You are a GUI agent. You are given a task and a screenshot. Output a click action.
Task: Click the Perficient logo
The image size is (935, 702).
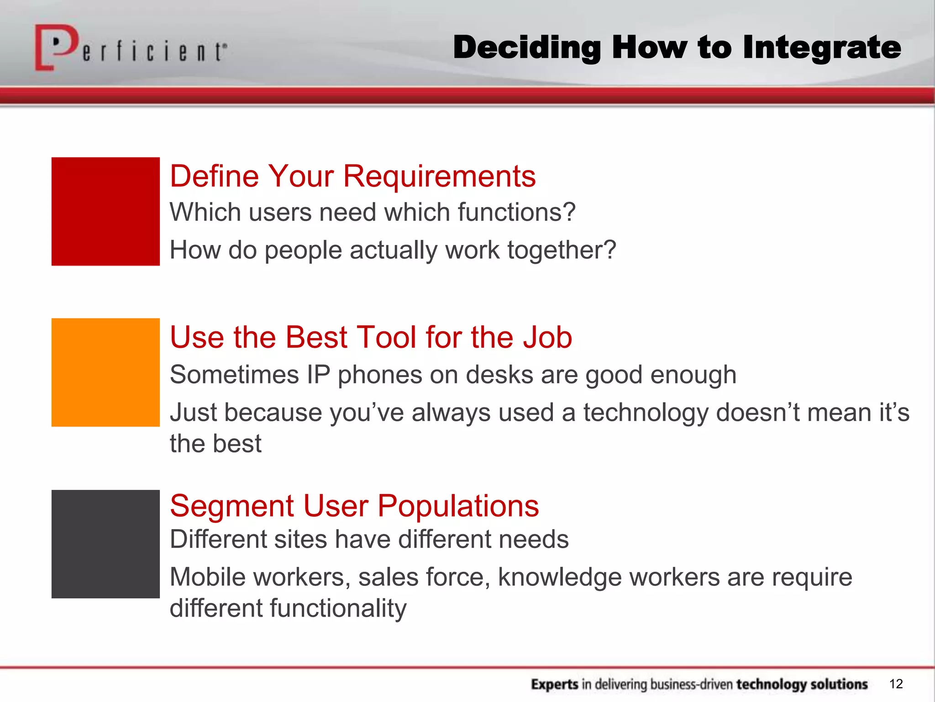click(130, 48)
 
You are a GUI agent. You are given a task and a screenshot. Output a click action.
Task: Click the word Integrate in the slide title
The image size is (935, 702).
click(821, 48)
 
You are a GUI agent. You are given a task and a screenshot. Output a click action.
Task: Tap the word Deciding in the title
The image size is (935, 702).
click(526, 48)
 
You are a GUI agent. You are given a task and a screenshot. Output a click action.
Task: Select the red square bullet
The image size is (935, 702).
click(105, 211)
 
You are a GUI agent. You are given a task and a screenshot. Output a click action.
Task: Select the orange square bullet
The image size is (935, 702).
click(105, 372)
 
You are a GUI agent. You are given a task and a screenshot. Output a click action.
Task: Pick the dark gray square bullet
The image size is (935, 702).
click(105, 544)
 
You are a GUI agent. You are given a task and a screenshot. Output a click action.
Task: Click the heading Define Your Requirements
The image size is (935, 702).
click(352, 176)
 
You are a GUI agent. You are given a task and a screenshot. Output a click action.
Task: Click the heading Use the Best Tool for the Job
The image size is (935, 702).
click(371, 337)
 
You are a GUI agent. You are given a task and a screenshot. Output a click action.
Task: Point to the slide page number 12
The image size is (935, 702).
click(896, 684)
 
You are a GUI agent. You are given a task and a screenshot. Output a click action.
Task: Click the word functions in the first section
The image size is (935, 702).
click(516, 213)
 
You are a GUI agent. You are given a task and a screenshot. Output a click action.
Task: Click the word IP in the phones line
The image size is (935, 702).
click(318, 375)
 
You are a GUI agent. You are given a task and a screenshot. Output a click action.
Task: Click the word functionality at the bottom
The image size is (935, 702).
click(338, 609)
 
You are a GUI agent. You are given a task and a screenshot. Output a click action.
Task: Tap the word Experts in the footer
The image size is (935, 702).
click(555, 684)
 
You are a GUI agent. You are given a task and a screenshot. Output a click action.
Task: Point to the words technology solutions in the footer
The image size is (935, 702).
click(802, 684)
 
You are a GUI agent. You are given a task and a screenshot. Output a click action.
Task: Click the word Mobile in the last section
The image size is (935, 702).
click(209, 577)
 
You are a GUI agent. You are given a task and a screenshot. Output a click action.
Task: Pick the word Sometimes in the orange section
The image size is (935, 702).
click(234, 375)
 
